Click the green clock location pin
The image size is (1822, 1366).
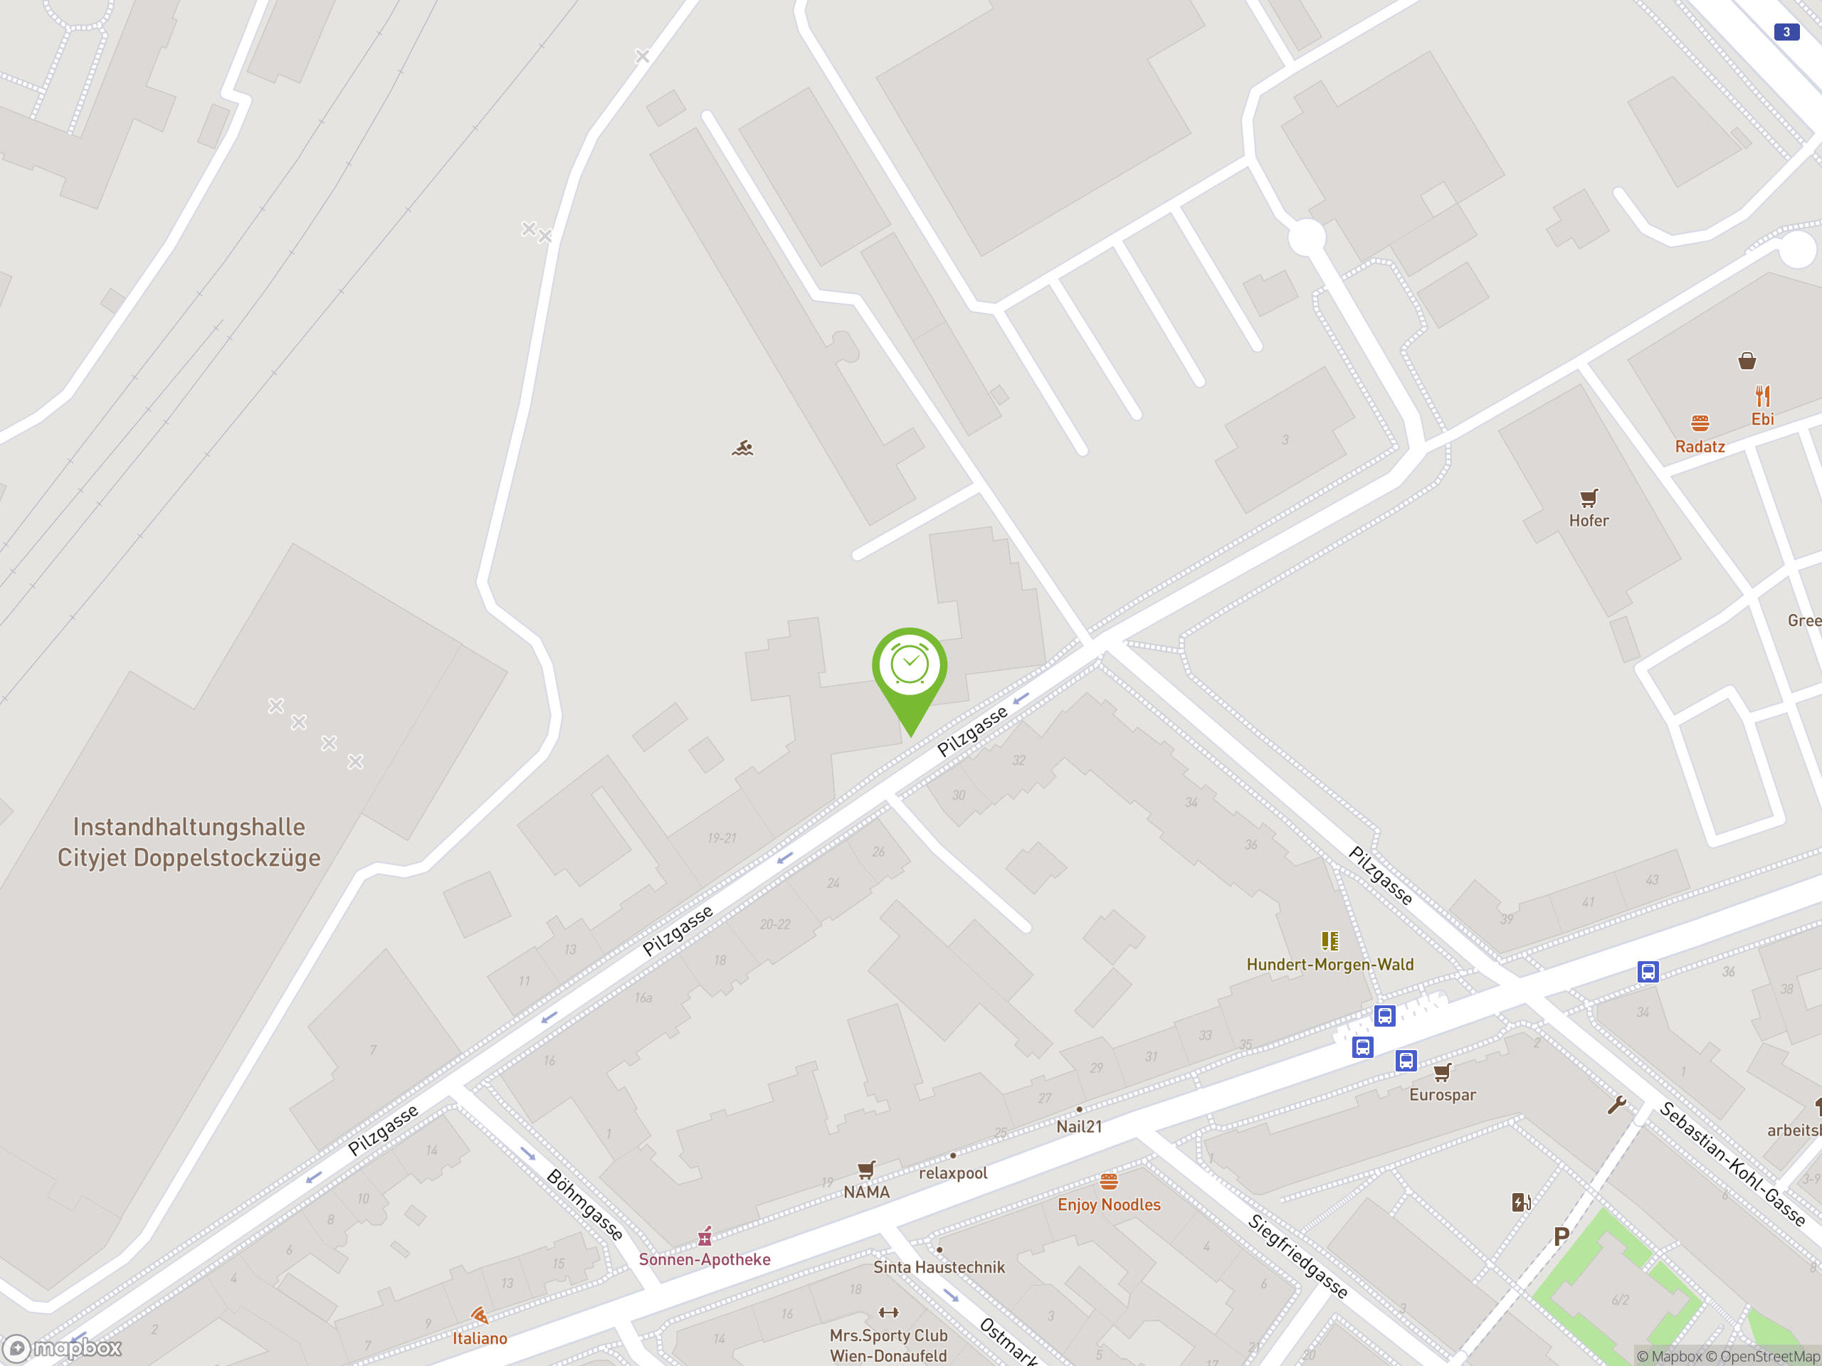click(x=910, y=669)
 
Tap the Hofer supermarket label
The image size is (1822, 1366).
click(x=1588, y=520)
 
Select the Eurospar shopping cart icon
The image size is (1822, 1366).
click(x=1441, y=1072)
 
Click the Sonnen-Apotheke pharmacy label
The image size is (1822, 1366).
click(x=705, y=1259)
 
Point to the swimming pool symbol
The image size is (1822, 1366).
click(x=742, y=448)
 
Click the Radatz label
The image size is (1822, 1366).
click(x=1700, y=446)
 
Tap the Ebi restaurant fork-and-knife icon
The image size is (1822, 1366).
click(x=1762, y=396)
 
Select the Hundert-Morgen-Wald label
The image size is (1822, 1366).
click(x=1329, y=964)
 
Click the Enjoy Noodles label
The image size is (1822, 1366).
click(x=1109, y=1204)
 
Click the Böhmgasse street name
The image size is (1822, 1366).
click(x=585, y=1204)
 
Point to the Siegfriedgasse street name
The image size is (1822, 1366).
click(x=1297, y=1256)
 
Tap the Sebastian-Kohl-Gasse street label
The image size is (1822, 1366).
click(x=1732, y=1163)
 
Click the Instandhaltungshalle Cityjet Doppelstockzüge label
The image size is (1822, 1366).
click(x=189, y=842)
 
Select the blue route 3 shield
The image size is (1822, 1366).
click(x=1786, y=32)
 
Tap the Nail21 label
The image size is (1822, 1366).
click(x=1079, y=1126)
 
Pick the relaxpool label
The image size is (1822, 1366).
click(x=952, y=1172)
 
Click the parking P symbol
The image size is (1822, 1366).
click(x=1561, y=1236)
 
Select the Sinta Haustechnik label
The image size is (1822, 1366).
click(x=939, y=1267)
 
